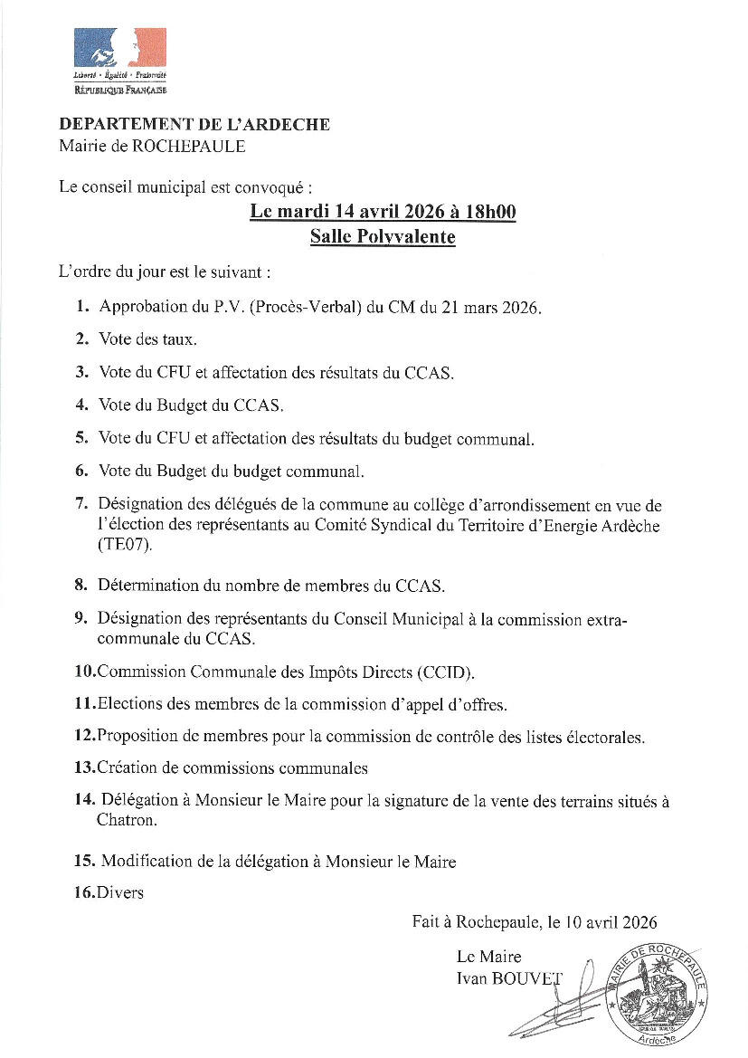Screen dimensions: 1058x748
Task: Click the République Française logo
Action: coord(119,61)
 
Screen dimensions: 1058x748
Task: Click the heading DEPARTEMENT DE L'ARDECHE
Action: coord(194,125)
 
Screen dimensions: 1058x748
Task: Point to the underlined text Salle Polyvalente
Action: coord(382,237)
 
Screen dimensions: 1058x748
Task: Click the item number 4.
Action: coord(81,405)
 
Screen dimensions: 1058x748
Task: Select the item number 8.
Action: coord(81,585)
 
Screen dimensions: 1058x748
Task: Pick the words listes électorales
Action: coord(584,737)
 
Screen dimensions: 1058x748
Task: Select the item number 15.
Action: coord(85,862)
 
